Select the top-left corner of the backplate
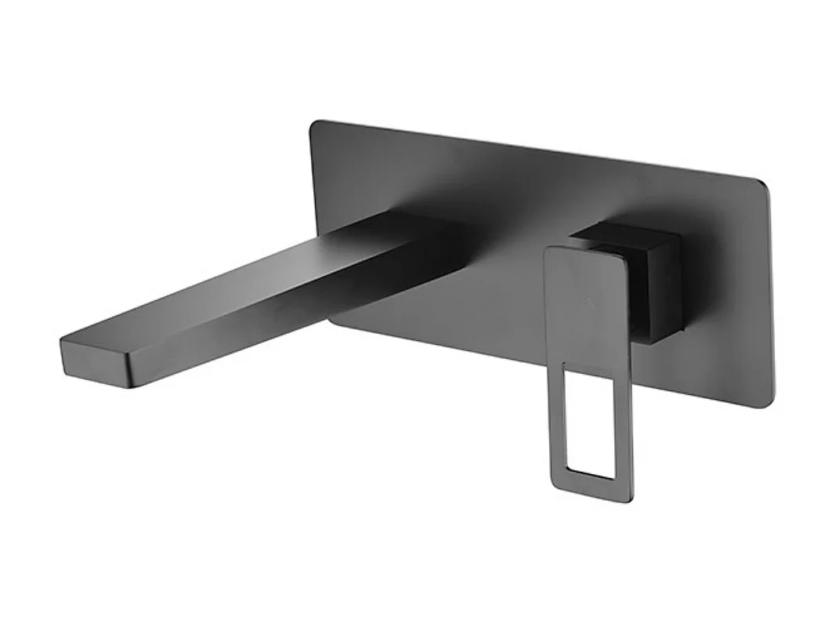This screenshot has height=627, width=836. tap(315, 125)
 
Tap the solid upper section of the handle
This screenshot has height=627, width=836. tap(584, 306)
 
